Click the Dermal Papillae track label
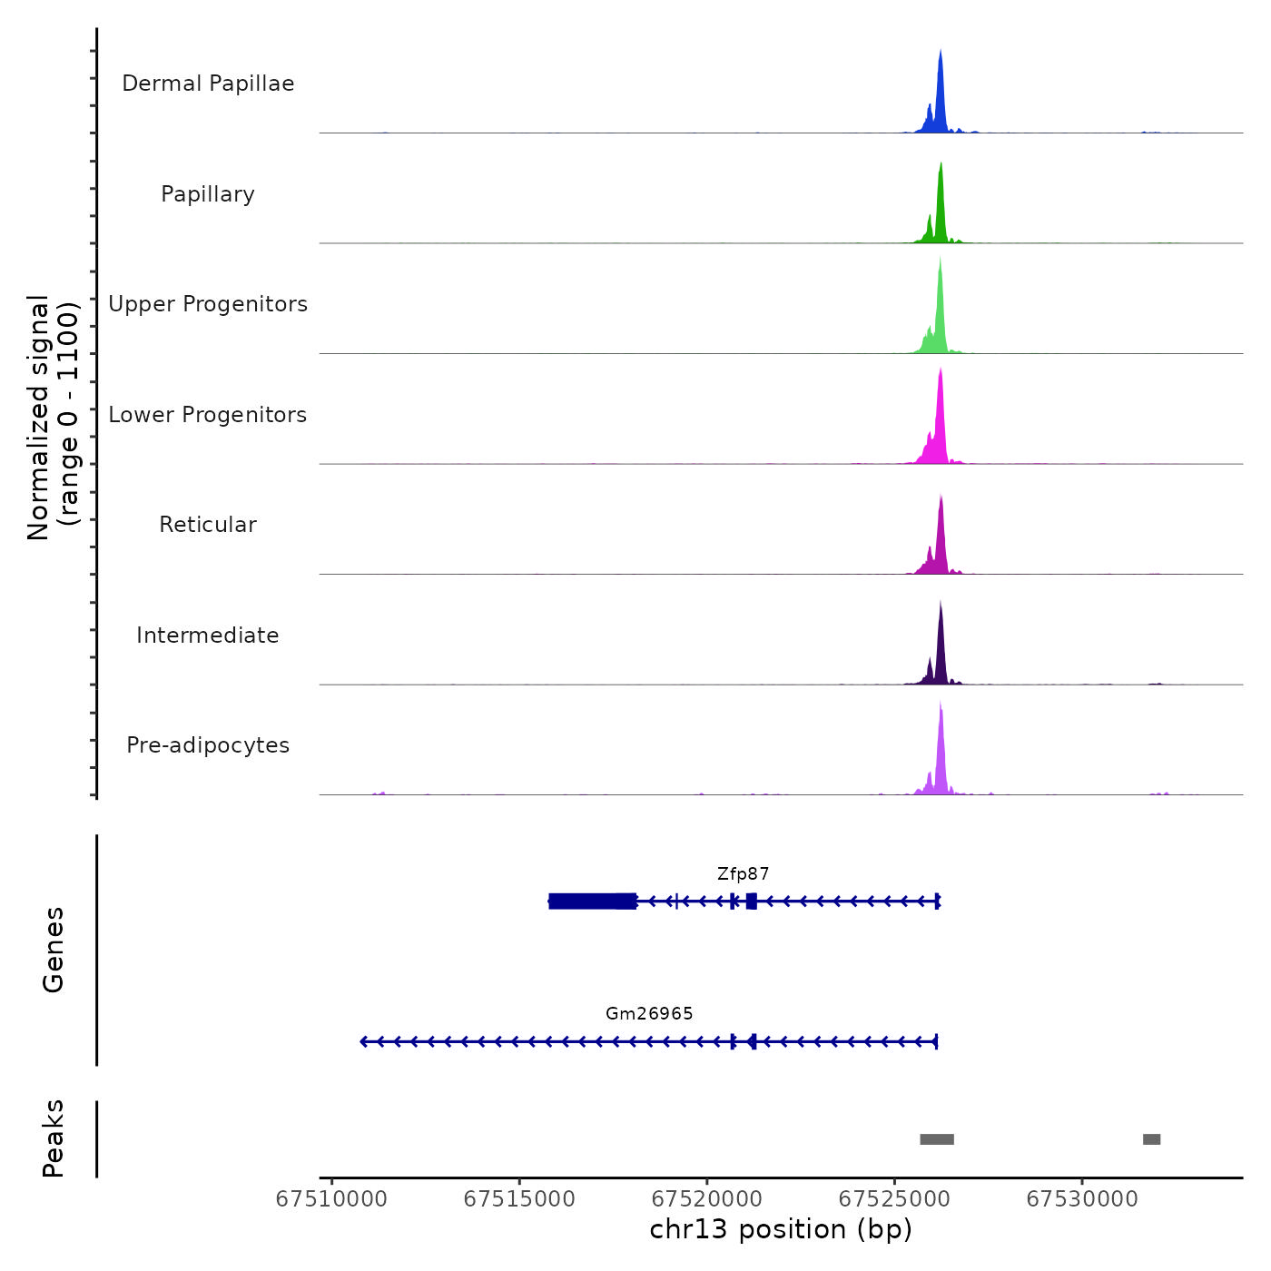pos(208,84)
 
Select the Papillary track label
pos(208,194)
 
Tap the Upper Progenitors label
pos(208,304)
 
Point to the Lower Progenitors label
pos(208,415)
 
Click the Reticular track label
pos(208,525)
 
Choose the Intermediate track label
pos(208,635)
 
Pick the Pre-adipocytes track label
pos(208,745)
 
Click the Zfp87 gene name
pos(743,874)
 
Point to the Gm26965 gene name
pos(649,1014)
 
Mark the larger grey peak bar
pos(937,1139)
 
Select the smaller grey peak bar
pos(1151,1139)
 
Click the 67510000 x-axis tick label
pos(331,1199)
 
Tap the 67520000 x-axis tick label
pos(707,1199)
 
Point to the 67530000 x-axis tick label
pos(1082,1199)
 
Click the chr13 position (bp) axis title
pos(781,1230)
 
